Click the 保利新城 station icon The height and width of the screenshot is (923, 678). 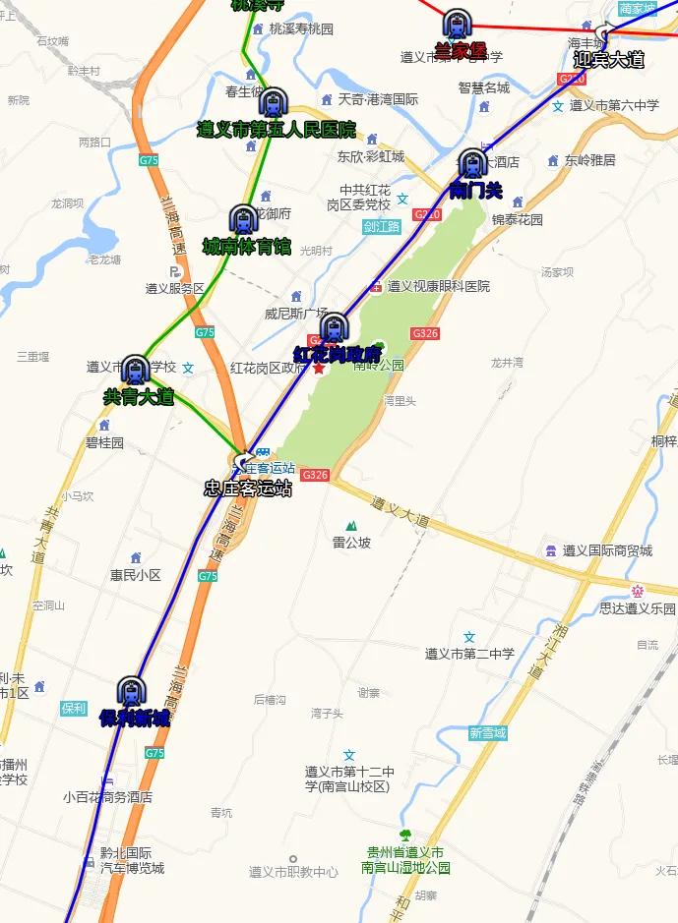(x=131, y=691)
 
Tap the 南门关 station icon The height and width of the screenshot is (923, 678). (x=473, y=163)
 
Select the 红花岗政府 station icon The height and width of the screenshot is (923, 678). (x=335, y=327)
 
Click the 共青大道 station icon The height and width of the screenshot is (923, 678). (x=135, y=371)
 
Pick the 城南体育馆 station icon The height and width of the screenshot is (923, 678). (x=243, y=219)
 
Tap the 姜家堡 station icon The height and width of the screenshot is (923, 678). (x=458, y=25)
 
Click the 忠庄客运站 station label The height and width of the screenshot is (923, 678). (x=247, y=488)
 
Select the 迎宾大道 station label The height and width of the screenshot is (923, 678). (x=608, y=59)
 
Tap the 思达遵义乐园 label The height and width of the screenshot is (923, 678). (x=638, y=608)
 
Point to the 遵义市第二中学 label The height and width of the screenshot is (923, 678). (x=469, y=653)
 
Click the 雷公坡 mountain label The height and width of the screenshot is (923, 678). (x=351, y=542)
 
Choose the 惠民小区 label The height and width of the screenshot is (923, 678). (x=135, y=575)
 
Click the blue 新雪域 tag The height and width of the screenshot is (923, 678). (x=487, y=733)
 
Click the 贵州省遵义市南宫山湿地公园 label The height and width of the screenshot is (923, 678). (x=404, y=860)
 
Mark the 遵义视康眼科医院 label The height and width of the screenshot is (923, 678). (x=438, y=287)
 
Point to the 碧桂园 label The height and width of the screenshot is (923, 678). (x=104, y=442)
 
